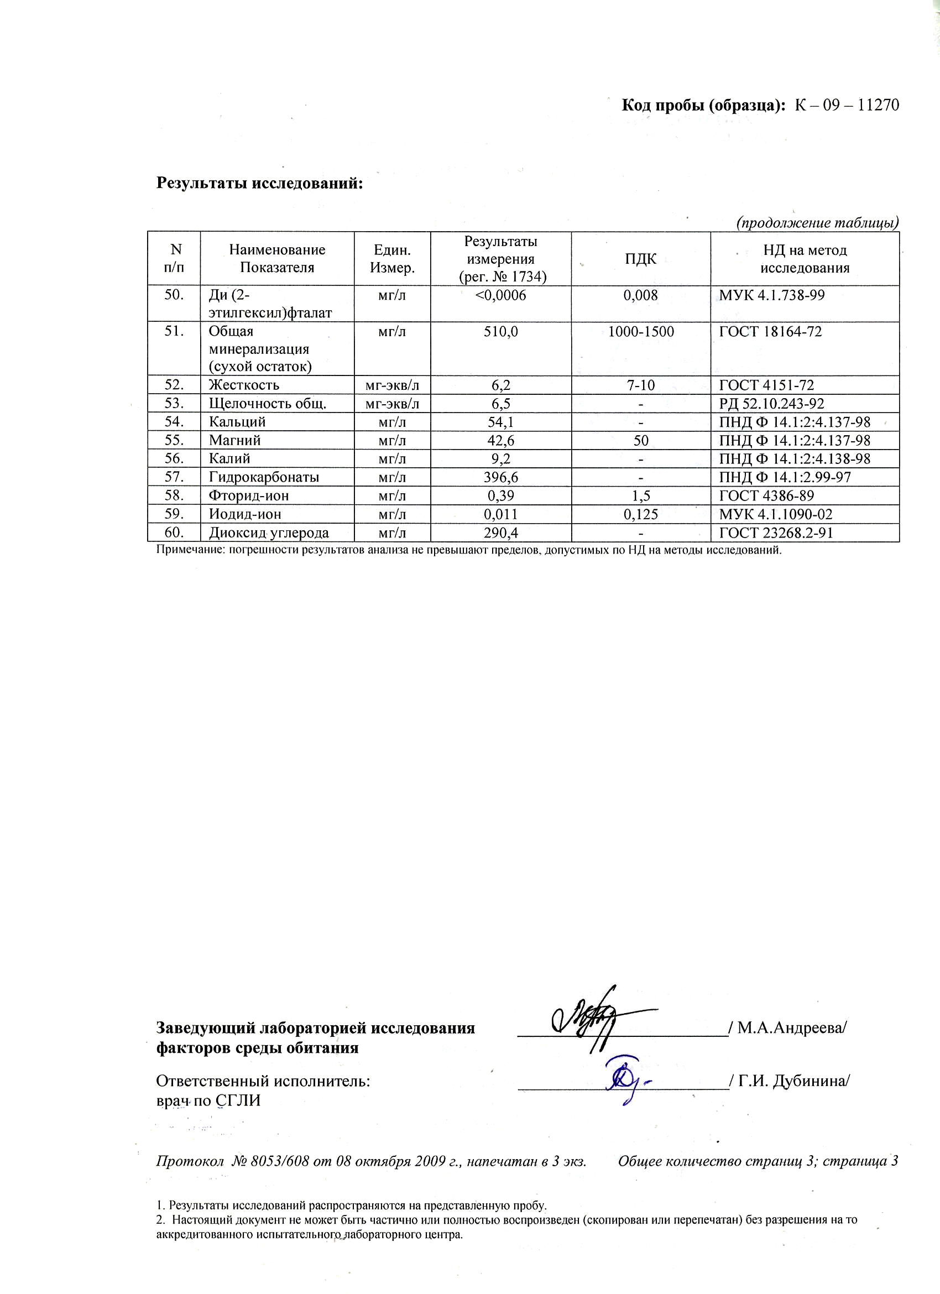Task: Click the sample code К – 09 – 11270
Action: coord(847,106)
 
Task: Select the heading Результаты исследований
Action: coord(259,183)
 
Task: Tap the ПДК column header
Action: coord(640,259)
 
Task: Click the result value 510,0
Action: coord(500,331)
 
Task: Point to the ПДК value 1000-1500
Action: coord(640,331)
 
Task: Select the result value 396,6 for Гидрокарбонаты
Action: coord(500,477)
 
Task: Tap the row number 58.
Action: coord(174,495)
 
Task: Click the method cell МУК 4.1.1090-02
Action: coord(775,514)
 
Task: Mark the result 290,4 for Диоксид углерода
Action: coord(500,533)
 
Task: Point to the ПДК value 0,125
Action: coord(640,514)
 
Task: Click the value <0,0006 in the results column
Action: coord(500,295)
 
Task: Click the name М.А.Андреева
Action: coord(791,1028)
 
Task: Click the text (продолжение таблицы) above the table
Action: coord(817,222)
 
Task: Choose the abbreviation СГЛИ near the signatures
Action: coord(238,1100)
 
